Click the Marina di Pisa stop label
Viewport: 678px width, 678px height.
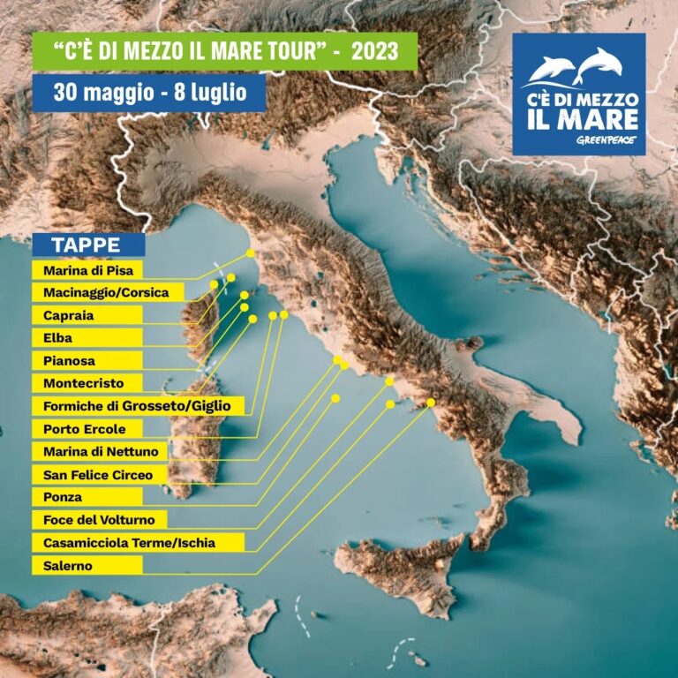click(87, 270)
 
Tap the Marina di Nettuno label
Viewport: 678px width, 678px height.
click(101, 452)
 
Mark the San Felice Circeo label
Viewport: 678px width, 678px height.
click(98, 475)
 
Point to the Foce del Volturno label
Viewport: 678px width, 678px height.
click(99, 520)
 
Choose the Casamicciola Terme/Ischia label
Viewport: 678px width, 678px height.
click(129, 543)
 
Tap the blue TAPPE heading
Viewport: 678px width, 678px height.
click(88, 245)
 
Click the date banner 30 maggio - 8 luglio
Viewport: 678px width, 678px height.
click(148, 92)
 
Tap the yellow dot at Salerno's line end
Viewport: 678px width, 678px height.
click(431, 403)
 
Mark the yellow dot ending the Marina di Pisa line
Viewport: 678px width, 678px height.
click(251, 252)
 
